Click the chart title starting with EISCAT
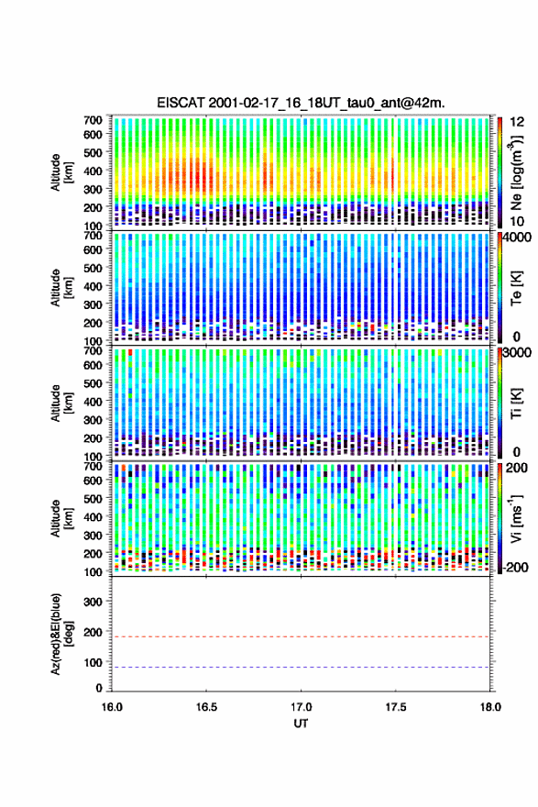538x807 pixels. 301,103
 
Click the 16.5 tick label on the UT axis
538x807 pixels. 206,707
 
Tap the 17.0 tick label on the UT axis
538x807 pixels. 301,707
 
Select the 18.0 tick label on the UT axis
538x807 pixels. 490,707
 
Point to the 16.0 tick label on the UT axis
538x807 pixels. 112,707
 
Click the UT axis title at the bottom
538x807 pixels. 301,724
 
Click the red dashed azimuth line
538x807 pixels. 301,636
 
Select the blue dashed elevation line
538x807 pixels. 301,667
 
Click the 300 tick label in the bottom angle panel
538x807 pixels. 93,602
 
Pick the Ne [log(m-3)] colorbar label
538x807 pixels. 516,172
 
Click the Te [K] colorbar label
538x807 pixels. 516,288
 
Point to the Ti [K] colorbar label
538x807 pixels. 516,403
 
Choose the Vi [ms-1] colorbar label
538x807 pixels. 516,518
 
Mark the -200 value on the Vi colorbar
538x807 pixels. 513,568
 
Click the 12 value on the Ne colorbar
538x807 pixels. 517,122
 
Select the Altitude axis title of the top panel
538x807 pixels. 61,172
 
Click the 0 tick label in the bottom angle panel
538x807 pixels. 99,688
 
